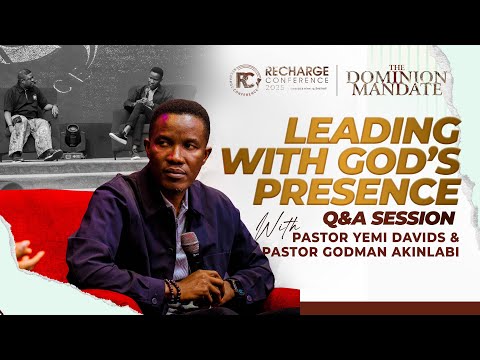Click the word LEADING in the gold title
341,130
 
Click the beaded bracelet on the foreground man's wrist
174,292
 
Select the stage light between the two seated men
77,137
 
